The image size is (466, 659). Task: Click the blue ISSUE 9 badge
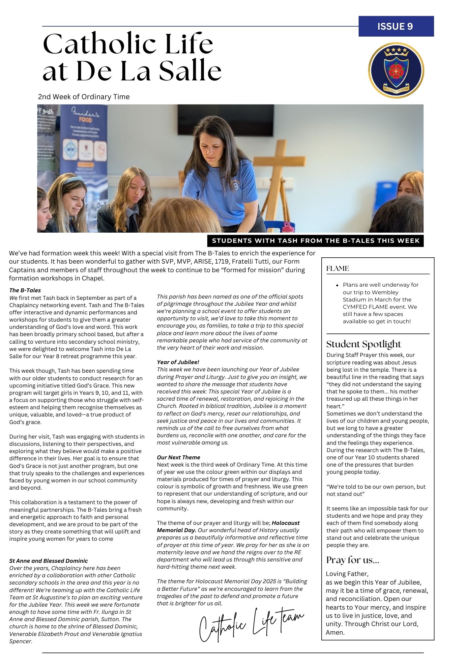[396, 26]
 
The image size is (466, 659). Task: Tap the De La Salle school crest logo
[396, 70]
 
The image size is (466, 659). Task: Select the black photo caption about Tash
[315, 241]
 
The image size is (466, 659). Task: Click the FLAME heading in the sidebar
[337, 269]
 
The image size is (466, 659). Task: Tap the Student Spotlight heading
[363, 344]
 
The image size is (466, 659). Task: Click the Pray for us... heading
[352, 560]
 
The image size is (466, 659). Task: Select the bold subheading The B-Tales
[25, 290]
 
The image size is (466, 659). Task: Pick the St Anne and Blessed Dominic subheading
[48, 561]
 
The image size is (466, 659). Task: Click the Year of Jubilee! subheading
[178, 362]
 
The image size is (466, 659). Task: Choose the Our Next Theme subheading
[178, 457]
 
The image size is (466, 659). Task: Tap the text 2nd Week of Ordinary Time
[84, 97]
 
